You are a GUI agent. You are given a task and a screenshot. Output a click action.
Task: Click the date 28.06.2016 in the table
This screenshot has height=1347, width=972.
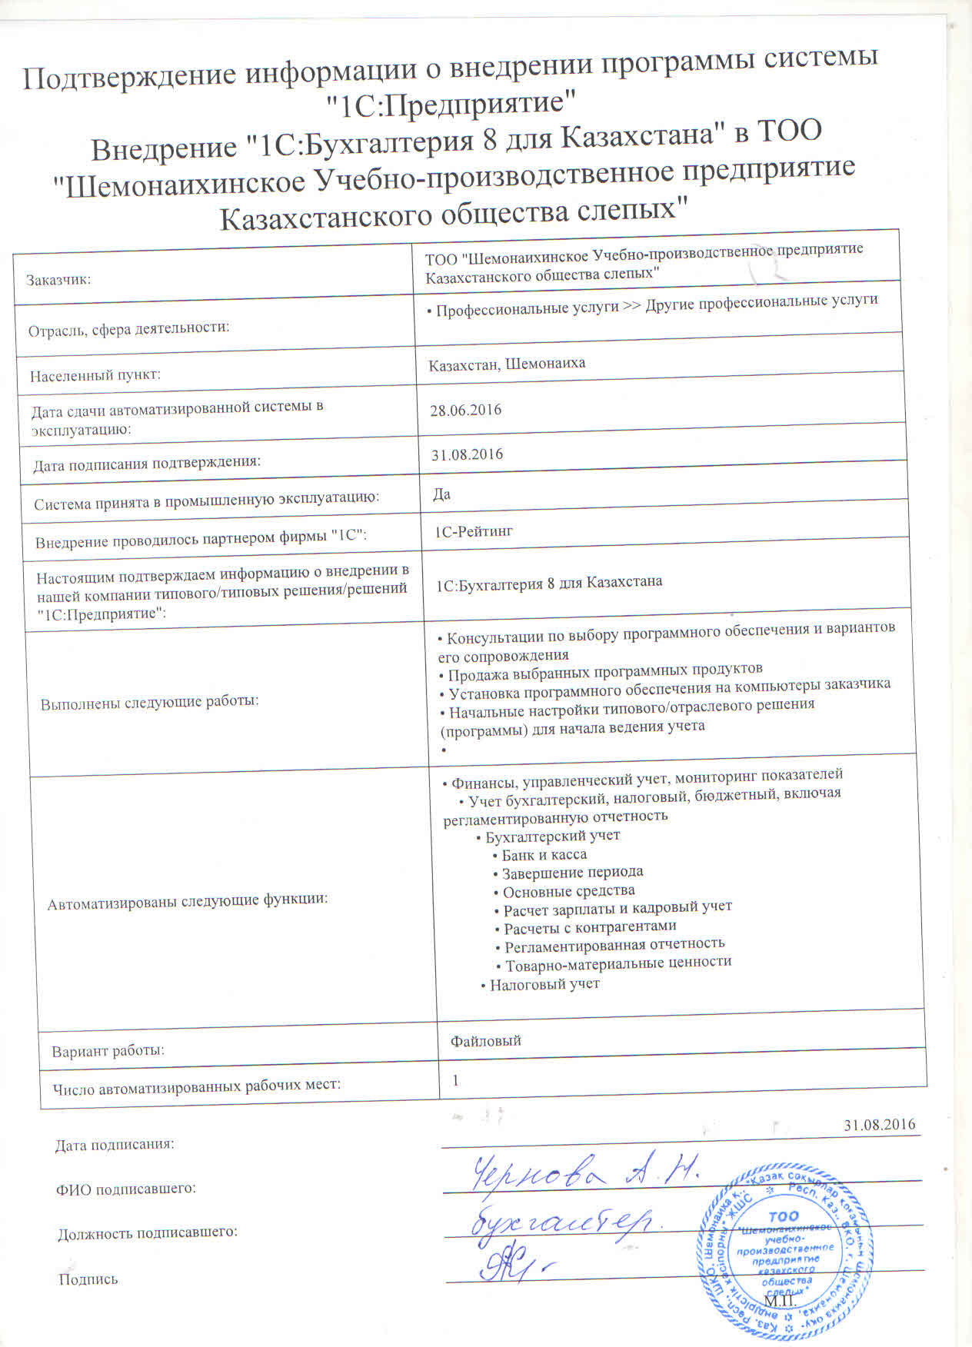coord(465,410)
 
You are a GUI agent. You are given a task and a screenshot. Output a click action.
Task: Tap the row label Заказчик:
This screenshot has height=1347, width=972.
coord(58,280)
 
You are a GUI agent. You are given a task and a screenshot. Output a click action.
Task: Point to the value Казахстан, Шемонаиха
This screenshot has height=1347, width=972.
coord(507,364)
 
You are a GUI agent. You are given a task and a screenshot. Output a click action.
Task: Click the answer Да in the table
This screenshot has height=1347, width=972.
coord(442,494)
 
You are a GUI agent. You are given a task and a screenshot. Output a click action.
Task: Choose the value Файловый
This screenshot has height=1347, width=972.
coord(486,1041)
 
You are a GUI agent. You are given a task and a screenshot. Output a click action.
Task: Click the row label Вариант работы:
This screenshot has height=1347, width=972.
coord(108,1051)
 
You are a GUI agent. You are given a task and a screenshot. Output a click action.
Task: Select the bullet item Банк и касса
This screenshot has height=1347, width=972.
coord(544,855)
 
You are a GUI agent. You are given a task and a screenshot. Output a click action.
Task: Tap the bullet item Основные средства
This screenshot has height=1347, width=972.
coord(568,891)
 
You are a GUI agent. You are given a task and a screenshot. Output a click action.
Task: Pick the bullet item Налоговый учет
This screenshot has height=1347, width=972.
coord(544,984)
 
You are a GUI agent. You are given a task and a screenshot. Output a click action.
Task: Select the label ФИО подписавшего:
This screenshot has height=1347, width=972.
coord(125,1189)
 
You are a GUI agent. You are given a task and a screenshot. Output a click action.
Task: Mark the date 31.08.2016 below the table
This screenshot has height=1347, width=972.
coord(880,1124)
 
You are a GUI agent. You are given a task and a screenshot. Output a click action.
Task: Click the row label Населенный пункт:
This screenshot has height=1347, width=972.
coord(95,376)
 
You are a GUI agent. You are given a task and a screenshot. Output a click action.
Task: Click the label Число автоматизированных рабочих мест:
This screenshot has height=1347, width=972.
coord(196,1086)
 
